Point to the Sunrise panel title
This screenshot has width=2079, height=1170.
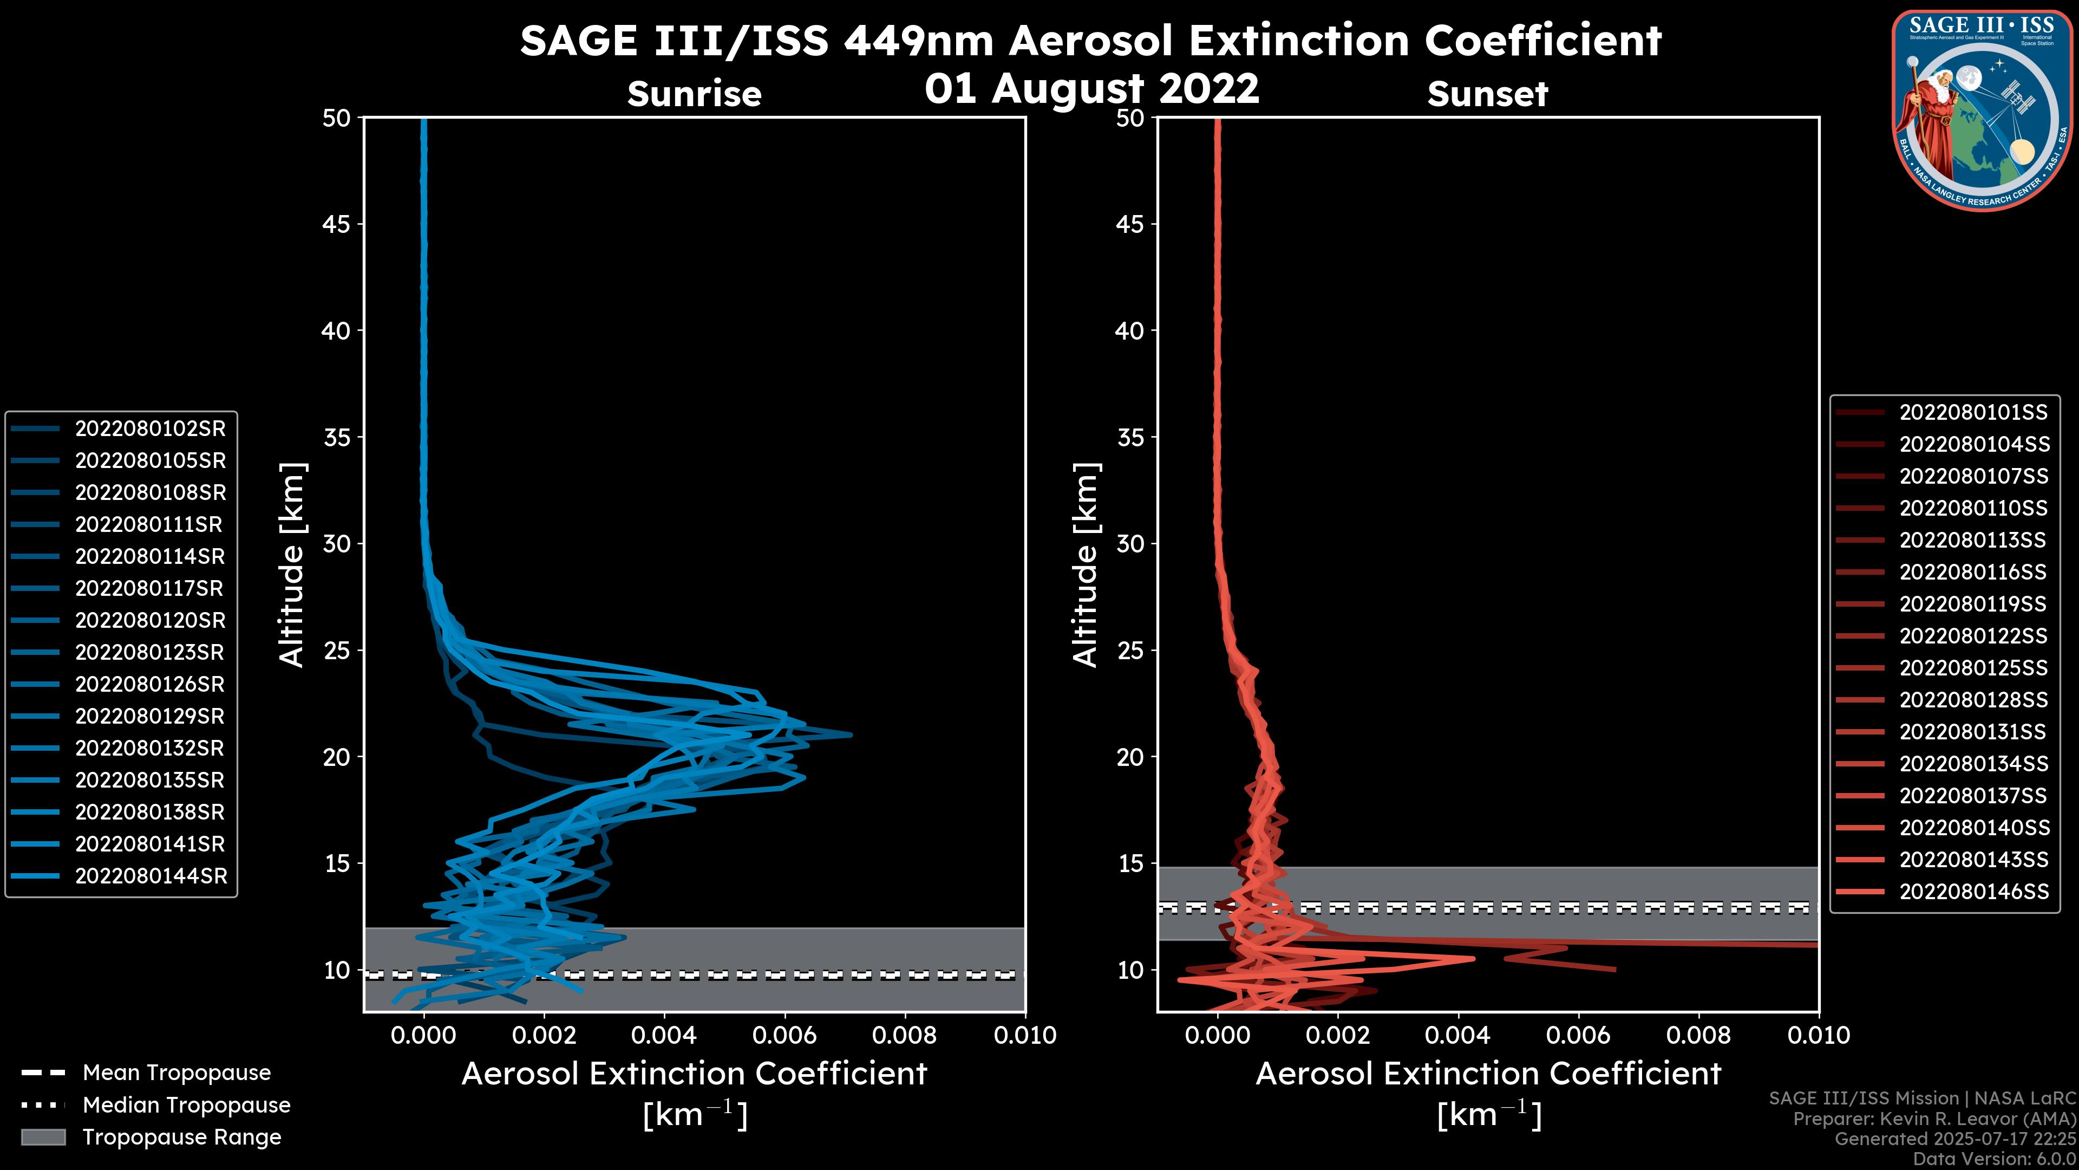click(694, 94)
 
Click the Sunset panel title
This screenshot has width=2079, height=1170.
click(1487, 94)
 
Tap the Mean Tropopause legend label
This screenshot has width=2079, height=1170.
click(176, 1072)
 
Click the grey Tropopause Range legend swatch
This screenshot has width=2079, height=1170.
click(43, 1137)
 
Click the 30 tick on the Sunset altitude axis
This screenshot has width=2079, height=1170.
click(1130, 543)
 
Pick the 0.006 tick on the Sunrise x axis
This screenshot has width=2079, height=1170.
click(783, 1035)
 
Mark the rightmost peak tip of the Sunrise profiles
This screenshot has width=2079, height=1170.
click(851, 735)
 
